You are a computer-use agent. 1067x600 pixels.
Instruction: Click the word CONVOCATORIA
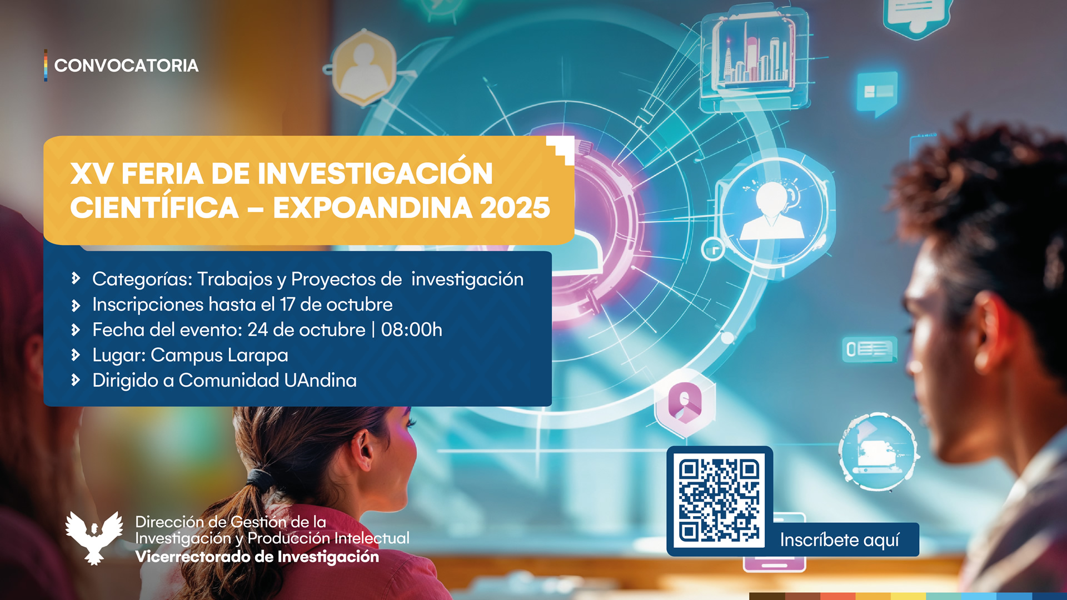(x=126, y=66)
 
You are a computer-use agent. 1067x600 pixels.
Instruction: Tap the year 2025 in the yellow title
(x=515, y=208)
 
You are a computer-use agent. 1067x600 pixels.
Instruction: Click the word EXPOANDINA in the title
(x=372, y=208)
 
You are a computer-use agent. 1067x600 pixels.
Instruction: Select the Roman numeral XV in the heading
(x=92, y=173)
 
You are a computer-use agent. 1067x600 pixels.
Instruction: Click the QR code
(x=719, y=500)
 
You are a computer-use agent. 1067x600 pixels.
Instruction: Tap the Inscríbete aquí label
(x=839, y=540)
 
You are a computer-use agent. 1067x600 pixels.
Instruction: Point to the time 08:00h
(x=411, y=329)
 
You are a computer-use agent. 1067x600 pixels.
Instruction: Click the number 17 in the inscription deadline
(x=287, y=304)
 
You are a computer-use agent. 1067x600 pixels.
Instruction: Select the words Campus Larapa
(x=220, y=355)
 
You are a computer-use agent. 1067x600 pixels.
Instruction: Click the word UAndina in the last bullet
(x=320, y=380)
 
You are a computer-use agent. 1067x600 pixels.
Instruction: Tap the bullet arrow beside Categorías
(x=76, y=278)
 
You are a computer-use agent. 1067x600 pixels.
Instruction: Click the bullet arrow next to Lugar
(x=76, y=354)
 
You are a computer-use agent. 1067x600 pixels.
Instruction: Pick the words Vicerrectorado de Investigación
(x=257, y=557)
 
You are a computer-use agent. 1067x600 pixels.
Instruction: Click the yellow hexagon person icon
(x=364, y=68)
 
